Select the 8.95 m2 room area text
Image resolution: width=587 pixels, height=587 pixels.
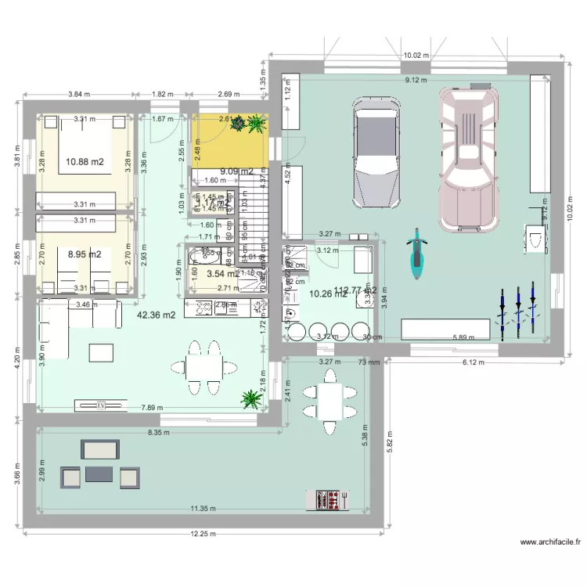point(85,254)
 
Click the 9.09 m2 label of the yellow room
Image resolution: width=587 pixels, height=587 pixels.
point(236,171)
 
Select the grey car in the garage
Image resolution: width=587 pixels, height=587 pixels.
point(378,152)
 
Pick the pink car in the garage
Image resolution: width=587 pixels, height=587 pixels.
point(467,157)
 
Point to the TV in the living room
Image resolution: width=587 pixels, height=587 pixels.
point(101,405)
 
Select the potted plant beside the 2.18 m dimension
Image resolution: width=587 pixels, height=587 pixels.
point(251,399)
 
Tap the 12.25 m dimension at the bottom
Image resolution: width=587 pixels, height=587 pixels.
point(203,534)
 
